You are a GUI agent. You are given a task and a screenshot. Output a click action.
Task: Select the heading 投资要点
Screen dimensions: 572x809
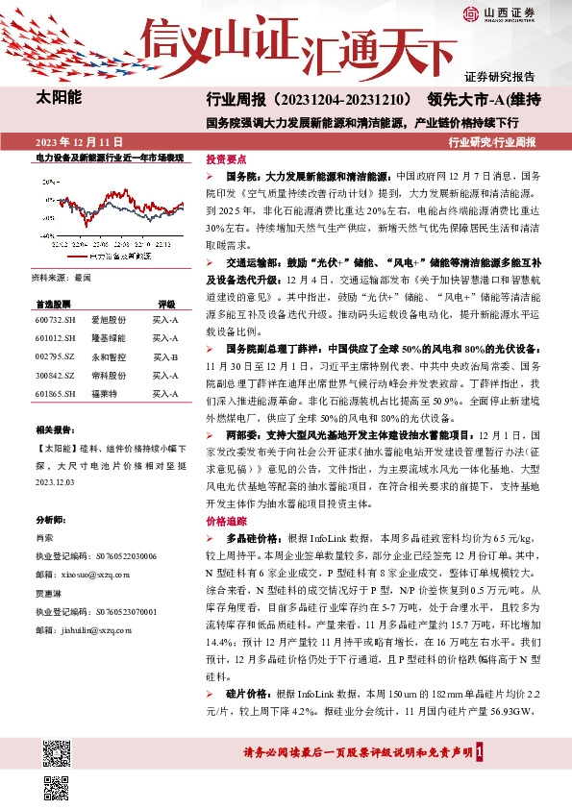[226, 159]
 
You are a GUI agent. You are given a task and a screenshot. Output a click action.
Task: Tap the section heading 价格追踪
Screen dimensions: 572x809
[226, 520]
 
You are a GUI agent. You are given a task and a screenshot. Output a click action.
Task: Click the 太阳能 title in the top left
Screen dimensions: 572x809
[59, 98]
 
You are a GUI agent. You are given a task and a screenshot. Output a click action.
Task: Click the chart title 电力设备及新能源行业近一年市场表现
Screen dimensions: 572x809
[109, 156]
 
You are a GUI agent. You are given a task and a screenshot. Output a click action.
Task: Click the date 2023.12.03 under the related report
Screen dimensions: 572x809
[57, 487]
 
